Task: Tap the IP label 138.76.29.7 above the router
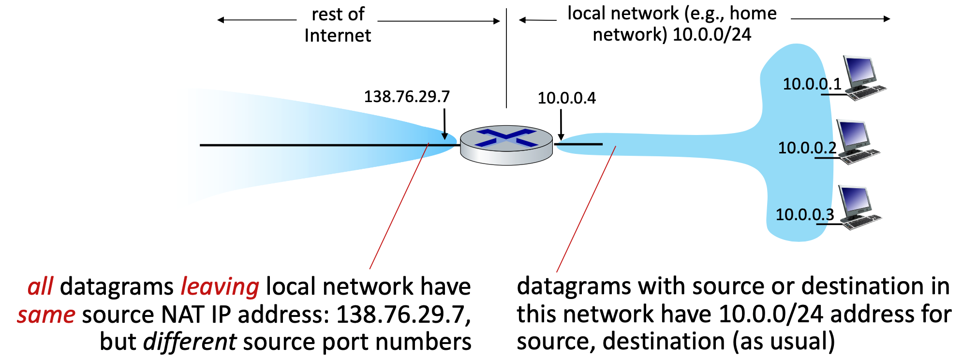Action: [x=406, y=97]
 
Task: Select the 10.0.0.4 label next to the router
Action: [x=566, y=98]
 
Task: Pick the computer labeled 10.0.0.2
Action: [x=857, y=141]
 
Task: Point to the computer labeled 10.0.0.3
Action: [x=859, y=207]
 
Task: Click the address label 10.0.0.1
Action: [x=812, y=84]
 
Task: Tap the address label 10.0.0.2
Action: [x=807, y=148]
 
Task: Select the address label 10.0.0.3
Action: [x=804, y=214]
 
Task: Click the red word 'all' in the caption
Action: [x=40, y=286]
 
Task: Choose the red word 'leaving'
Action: [x=220, y=286]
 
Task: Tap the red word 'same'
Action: [x=46, y=315]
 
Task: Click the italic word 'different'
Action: [x=190, y=342]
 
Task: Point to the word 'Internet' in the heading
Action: [x=338, y=36]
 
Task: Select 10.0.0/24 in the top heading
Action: [x=711, y=35]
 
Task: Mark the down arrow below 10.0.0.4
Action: [x=561, y=125]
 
